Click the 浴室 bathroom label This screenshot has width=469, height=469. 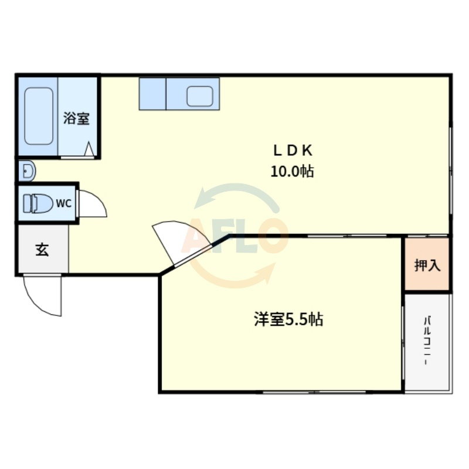click(x=76, y=118)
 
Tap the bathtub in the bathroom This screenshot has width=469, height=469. click(x=39, y=116)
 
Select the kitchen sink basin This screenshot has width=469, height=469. click(x=200, y=96)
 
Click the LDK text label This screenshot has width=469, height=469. click(x=293, y=151)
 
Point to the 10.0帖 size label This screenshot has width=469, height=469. click(x=292, y=172)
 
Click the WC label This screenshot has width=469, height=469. click(x=64, y=203)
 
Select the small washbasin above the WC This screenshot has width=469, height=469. click(x=27, y=171)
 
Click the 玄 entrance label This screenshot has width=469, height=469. click(x=42, y=250)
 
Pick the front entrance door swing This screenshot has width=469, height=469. click(x=42, y=295)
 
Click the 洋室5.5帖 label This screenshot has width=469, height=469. click(x=288, y=320)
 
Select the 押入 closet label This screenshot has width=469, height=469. click(x=427, y=265)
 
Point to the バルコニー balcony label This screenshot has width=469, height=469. click(x=427, y=341)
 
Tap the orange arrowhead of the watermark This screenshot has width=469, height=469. click(x=267, y=273)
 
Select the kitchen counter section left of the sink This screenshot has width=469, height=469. click(x=152, y=94)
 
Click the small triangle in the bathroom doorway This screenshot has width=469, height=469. click(x=89, y=149)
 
